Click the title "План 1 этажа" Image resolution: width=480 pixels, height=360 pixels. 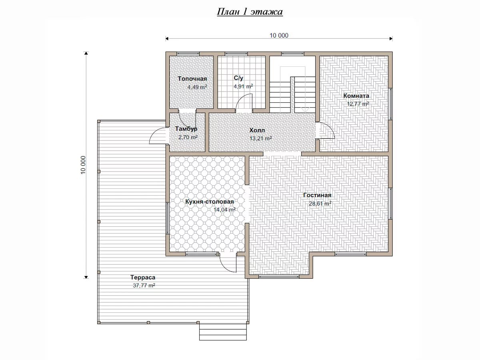click(250, 12)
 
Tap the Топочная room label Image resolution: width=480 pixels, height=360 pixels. click(192, 79)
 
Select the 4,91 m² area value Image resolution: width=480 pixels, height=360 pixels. click(243, 86)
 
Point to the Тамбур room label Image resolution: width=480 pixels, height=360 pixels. click(186, 129)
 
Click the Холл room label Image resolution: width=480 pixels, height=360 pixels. click(257, 130)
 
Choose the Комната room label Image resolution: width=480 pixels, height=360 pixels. click(356, 96)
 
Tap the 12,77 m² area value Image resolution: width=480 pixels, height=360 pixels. click(358, 104)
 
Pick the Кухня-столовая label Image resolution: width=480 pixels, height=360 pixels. click(210, 202)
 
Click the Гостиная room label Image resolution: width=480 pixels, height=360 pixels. click(317, 195)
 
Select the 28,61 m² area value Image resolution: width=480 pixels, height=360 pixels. click(320, 204)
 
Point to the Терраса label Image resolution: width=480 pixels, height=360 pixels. click(143, 277)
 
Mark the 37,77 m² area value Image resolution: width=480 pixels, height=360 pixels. click(144, 286)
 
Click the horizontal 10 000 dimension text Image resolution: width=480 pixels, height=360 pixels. click(279, 36)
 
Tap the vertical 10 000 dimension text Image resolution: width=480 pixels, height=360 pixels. click(83, 165)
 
